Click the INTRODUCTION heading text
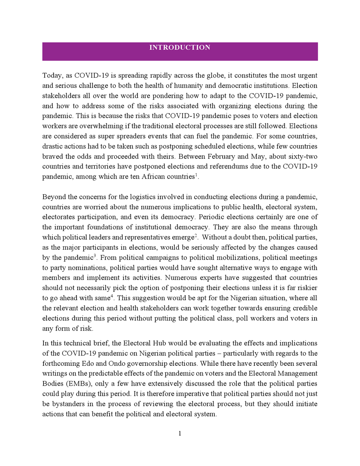180,48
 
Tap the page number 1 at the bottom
180,433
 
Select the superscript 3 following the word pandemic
94,255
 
